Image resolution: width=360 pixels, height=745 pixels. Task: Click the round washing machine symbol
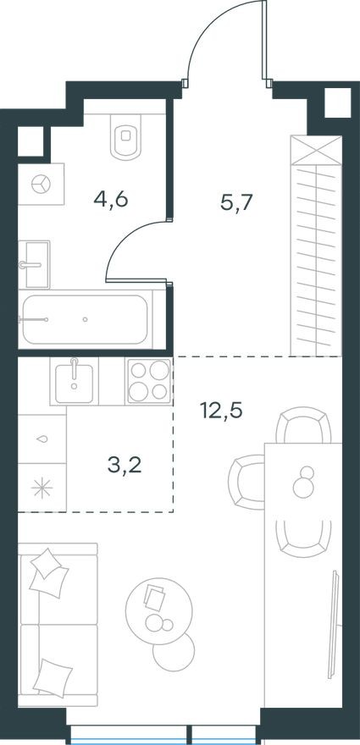point(38,184)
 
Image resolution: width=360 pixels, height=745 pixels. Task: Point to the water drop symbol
point(42,439)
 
